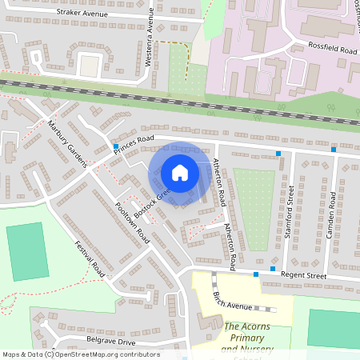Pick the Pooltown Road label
coord(132,222)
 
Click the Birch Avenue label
coord(230,301)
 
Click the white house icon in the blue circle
coord(180,173)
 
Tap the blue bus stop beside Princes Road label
coord(115,146)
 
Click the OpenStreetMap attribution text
coord(80,354)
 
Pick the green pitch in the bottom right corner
coord(333,329)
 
